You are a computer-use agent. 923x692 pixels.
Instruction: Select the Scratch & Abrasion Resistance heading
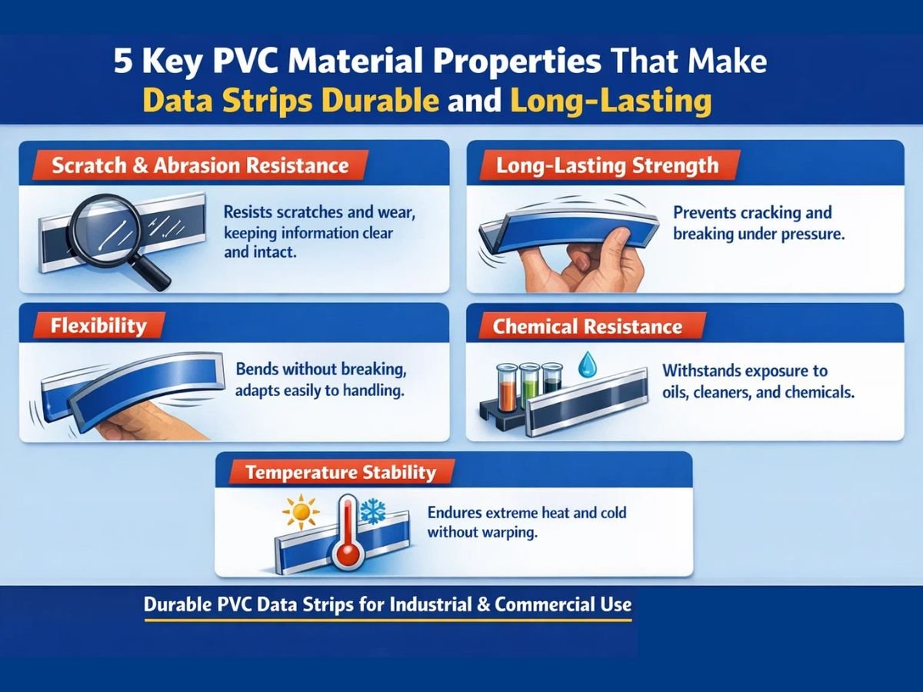[x=200, y=165]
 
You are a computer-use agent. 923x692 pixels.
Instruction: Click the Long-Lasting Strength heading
[x=607, y=165]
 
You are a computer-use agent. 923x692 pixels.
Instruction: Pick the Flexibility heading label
[x=98, y=325]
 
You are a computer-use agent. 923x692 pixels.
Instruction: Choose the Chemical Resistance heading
[x=588, y=326]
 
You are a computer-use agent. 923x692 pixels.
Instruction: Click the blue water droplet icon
[x=588, y=362]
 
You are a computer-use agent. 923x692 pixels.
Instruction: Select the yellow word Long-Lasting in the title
[x=608, y=101]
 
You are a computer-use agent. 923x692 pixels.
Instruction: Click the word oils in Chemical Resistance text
[x=677, y=392]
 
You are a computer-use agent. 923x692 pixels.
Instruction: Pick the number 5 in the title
[x=124, y=62]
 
